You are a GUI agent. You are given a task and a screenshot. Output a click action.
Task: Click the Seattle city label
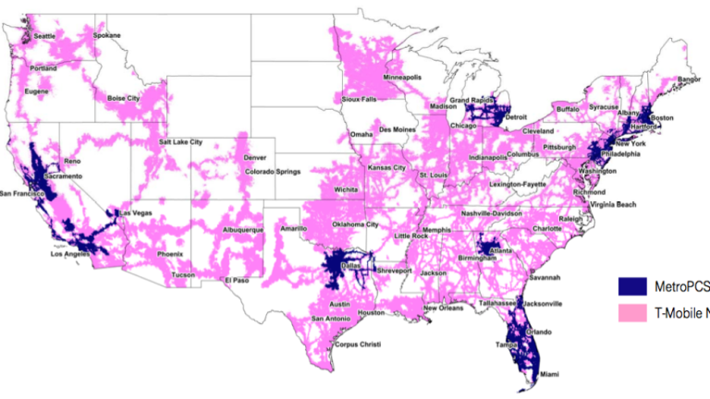point(44,37)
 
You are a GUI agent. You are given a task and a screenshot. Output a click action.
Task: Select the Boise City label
point(123,97)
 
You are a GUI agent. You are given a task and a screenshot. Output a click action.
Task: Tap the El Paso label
point(238,279)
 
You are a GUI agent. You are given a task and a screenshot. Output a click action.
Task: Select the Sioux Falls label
point(360,98)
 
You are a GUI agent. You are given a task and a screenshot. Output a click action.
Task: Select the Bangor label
point(690,79)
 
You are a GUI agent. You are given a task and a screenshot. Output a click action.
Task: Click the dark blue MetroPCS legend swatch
point(634,285)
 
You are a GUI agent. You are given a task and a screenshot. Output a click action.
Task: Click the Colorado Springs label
point(275,170)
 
